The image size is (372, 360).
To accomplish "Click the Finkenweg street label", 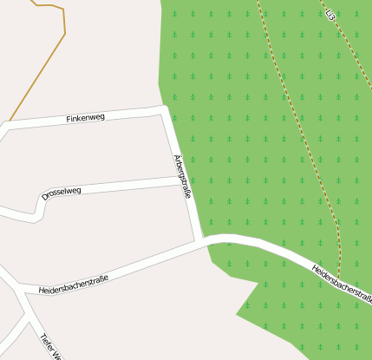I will pos(85,117).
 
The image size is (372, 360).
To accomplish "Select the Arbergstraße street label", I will pos(182,176).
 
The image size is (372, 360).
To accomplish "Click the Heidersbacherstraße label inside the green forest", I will pos(342,284).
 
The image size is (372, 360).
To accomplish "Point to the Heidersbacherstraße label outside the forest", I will pos(73,284).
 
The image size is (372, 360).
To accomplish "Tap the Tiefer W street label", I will pos(50,345).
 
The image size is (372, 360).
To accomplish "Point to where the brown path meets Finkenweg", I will pos(8,122).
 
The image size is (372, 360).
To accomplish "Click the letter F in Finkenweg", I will pos(69,119).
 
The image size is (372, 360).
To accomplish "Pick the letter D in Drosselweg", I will pos(44,196).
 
